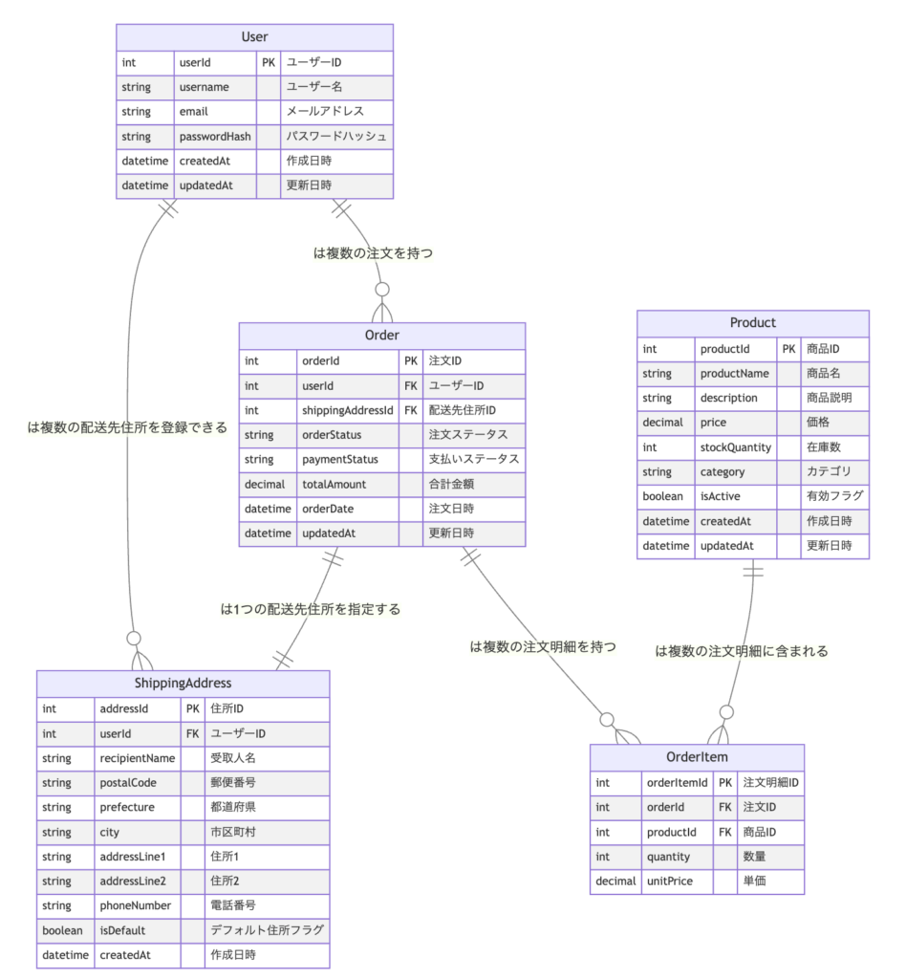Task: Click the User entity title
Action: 254,37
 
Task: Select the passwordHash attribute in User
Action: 215,137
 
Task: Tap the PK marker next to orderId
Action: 411,361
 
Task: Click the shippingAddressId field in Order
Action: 348,410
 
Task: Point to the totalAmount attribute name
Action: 334,484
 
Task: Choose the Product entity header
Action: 753,323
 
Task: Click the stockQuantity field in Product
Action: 736,446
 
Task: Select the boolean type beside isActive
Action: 664,496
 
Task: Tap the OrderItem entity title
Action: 697,757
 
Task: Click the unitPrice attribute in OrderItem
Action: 670,881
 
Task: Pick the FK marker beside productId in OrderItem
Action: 725,832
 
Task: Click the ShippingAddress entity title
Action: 183,683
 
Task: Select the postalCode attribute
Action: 128,782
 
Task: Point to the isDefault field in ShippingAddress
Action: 123,929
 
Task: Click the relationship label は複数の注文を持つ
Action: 374,254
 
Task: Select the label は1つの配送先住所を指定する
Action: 311,608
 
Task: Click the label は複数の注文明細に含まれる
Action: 742,650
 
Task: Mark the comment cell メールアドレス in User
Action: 325,112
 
